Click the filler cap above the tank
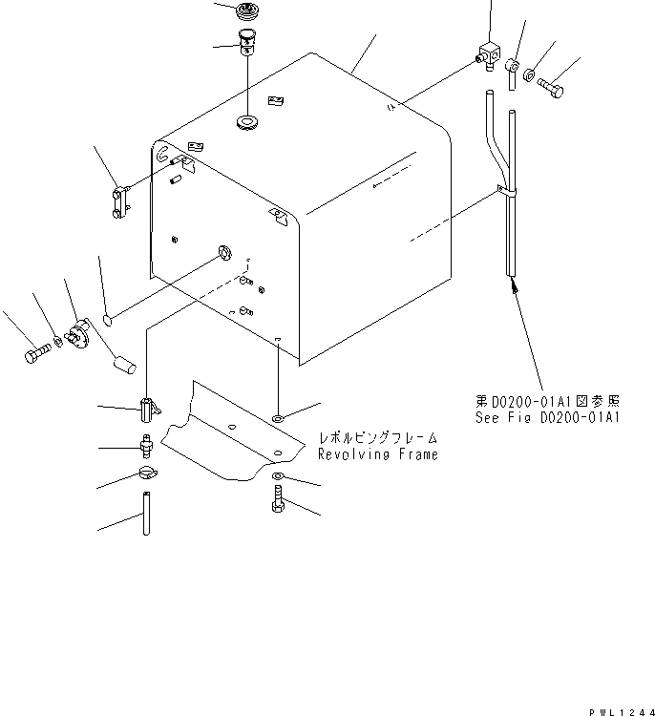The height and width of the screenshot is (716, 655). pos(247,14)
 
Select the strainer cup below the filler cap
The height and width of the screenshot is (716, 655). pos(247,44)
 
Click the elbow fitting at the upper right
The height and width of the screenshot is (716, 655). pos(490,56)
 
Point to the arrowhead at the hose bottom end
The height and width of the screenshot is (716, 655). pos(514,282)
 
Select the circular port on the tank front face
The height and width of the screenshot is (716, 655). pos(225,252)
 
